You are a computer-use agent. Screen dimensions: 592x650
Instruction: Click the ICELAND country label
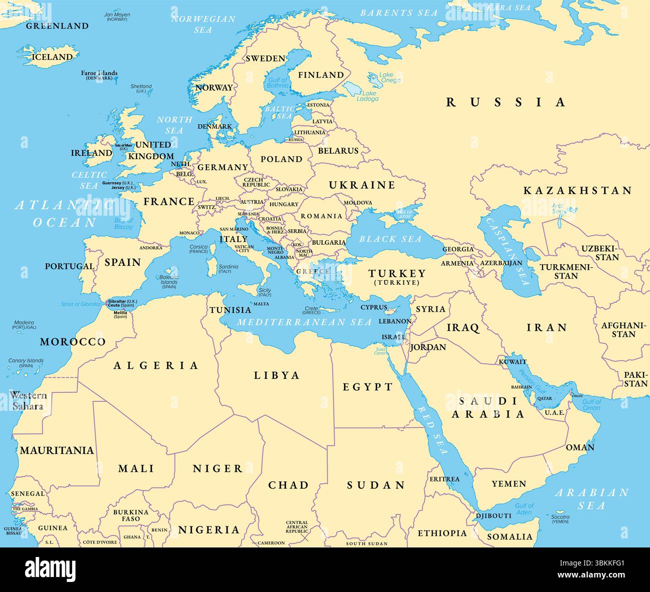52,57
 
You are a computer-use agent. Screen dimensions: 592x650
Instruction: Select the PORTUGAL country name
69,266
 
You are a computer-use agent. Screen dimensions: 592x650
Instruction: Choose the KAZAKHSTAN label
577,191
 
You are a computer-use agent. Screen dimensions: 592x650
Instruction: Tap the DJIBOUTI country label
493,515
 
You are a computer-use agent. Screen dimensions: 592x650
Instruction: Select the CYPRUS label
374,307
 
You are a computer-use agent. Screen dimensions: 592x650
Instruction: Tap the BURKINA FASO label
130,515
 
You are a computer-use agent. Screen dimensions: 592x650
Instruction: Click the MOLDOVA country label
357,203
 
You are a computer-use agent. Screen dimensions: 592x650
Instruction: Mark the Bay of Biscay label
123,224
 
